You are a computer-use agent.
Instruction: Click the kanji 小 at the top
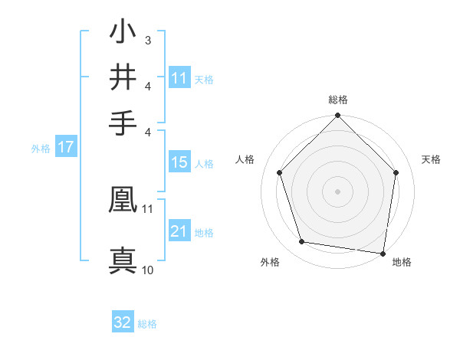point(123,34)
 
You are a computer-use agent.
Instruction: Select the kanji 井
point(123,77)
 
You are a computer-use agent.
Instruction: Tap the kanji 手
point(123,123)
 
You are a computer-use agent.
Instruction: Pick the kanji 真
point(123,260)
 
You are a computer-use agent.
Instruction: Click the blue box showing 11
point(179,78)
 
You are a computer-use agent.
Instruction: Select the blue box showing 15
point(179,162)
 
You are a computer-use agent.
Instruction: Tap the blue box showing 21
point(179,231)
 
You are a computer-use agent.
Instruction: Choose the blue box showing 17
point(66,147)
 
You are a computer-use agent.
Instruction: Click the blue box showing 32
point(123,322)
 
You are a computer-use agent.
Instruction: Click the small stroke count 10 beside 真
point(148,270)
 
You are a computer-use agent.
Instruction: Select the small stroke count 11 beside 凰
point(147,208)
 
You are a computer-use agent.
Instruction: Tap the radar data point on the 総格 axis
point(337,117)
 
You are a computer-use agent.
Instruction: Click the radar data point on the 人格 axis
point(279,172)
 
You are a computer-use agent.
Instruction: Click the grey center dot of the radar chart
point(337,191)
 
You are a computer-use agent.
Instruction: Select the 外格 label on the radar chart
point(270,262)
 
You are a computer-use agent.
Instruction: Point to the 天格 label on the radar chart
point(431,159)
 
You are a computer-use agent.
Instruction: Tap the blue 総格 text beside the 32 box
point(147,324)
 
